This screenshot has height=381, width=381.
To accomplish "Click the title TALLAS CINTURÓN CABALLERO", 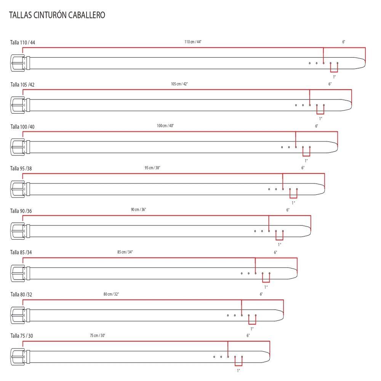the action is tap(57, 15).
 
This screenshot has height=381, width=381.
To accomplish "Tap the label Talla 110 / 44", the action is tap(22, 43).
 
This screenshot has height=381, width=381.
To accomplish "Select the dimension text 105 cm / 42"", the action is tap(179, 84).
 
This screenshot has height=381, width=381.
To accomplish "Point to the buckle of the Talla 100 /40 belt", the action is tap(18, 147).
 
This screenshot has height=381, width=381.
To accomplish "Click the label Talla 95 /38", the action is tap(21, 168).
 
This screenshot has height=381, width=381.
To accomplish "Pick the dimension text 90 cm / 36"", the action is tap(139, 210).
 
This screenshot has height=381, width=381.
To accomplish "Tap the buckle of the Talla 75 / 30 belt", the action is tap(18, 357).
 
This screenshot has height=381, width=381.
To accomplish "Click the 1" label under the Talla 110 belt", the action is tap(335, 77).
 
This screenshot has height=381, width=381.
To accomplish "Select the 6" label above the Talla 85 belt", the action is tap(275, 252).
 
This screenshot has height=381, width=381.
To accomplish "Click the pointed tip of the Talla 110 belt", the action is tap(365, 63).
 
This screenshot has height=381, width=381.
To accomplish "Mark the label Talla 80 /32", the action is tap(21, 295).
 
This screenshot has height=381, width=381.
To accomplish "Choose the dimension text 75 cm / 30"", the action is tap(98, 336).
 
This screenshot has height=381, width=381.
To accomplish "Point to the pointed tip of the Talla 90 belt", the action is tap(310, 231).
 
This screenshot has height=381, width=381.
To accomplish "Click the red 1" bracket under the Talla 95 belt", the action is tap(293, 197).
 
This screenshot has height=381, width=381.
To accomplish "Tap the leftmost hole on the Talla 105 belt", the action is tap(296, 105).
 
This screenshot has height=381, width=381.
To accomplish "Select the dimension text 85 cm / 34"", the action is tap(125, 252).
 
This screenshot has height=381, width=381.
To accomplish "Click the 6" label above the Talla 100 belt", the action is tap(317, 126).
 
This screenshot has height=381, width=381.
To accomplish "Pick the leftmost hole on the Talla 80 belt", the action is tap(228, 315).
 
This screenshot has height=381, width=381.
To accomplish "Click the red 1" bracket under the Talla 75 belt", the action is tap(239, 365).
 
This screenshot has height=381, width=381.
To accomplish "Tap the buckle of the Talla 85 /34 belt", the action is tap(18, 273).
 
